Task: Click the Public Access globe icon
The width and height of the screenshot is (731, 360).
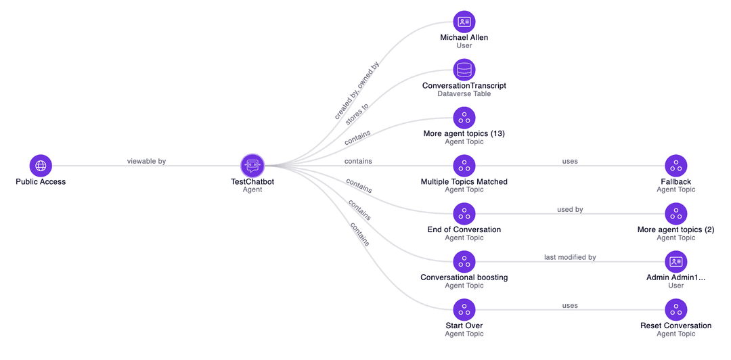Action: (x=41, y=165)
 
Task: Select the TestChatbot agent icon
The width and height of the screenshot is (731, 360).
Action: (x=252, y=165)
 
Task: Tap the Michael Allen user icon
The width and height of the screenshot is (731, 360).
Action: (x=464, y=22)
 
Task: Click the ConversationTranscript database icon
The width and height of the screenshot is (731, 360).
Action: (x=464, y=70)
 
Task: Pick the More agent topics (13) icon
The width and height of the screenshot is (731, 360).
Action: (x=464, y=118)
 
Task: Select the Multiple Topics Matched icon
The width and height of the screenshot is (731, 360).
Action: (x=464, y=166)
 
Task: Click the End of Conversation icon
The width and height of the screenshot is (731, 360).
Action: (x=464, y=214)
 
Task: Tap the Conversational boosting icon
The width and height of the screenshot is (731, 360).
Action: (x=464, y=262)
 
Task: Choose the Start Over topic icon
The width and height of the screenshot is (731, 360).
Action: (x=464, y=310)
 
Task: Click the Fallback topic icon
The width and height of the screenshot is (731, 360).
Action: (x=675, y=166)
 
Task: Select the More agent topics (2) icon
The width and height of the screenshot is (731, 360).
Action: (x=675, y=214)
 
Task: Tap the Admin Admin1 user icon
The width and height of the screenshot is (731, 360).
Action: (x=675, y=262)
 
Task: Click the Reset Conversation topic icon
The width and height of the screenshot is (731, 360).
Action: (x=675, y=310)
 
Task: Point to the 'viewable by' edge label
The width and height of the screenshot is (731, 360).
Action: (x=146, y=161)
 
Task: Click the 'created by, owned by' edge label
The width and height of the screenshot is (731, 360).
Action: (x=357, y=91)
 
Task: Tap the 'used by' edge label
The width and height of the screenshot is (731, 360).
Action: (x=570, y=210)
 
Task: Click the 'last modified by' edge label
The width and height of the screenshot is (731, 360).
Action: (x=570, y=258)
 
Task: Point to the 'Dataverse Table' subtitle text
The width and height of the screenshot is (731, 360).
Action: (x=464, y=94)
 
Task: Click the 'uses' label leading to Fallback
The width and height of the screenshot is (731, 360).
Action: (x=570, y=162)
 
